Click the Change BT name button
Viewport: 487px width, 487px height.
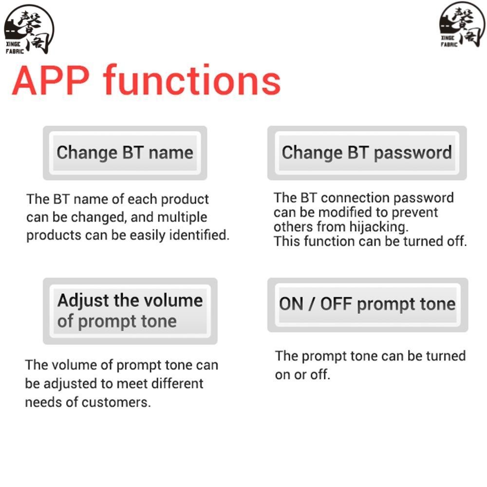[x=125, y=153]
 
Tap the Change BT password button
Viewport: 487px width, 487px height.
[x=367, y=153]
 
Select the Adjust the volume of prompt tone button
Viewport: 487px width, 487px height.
[x=130, y=311]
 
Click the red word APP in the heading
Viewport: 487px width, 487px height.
[x=51, y=80]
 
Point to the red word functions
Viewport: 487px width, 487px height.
[x=192, y=79]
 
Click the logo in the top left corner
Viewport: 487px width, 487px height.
[x=29, y=29]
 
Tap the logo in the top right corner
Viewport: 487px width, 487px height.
[x=462, y=25]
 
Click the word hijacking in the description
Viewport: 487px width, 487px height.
[x=379, y=227]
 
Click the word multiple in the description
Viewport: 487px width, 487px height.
[x=182, y=217]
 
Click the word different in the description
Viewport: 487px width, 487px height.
[x=177, y=384]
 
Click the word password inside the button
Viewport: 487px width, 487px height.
[x=413, y=153]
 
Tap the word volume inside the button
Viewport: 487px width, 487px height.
[x=173, y=300]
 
